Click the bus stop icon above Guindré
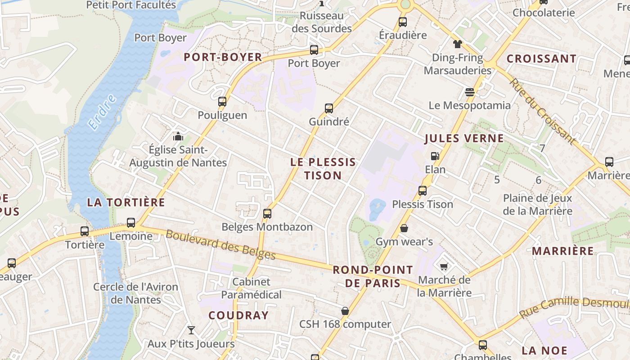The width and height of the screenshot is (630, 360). tap(329, 108)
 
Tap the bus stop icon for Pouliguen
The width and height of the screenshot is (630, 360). tap(222, 102)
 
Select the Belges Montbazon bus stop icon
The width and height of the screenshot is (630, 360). tap(267, 214)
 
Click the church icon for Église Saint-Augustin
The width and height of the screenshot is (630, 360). tap(178, 136)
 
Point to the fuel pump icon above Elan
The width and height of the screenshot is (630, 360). tap(435, 156)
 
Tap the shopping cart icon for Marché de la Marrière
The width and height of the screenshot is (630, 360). tap(444, 267)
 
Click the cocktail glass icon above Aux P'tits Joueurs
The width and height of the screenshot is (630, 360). tap(191, 330)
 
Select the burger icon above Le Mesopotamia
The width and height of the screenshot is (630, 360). tap(470, 92)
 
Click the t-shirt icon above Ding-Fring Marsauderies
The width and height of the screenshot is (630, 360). tap(457, 44)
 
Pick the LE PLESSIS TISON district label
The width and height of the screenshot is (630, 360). tap(323, 169)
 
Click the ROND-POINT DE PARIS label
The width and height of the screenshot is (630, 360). tap(373, 276)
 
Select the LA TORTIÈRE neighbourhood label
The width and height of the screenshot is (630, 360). tap(126, 202)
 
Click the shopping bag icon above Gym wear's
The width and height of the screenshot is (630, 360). tap(404, 229)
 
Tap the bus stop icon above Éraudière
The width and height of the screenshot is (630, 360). tap(403, 22)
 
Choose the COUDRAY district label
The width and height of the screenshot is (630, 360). tap(238, 315)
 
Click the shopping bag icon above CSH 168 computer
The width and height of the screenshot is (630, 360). tap(345, 311)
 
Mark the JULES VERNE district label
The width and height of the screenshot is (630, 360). tap(464, 139)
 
